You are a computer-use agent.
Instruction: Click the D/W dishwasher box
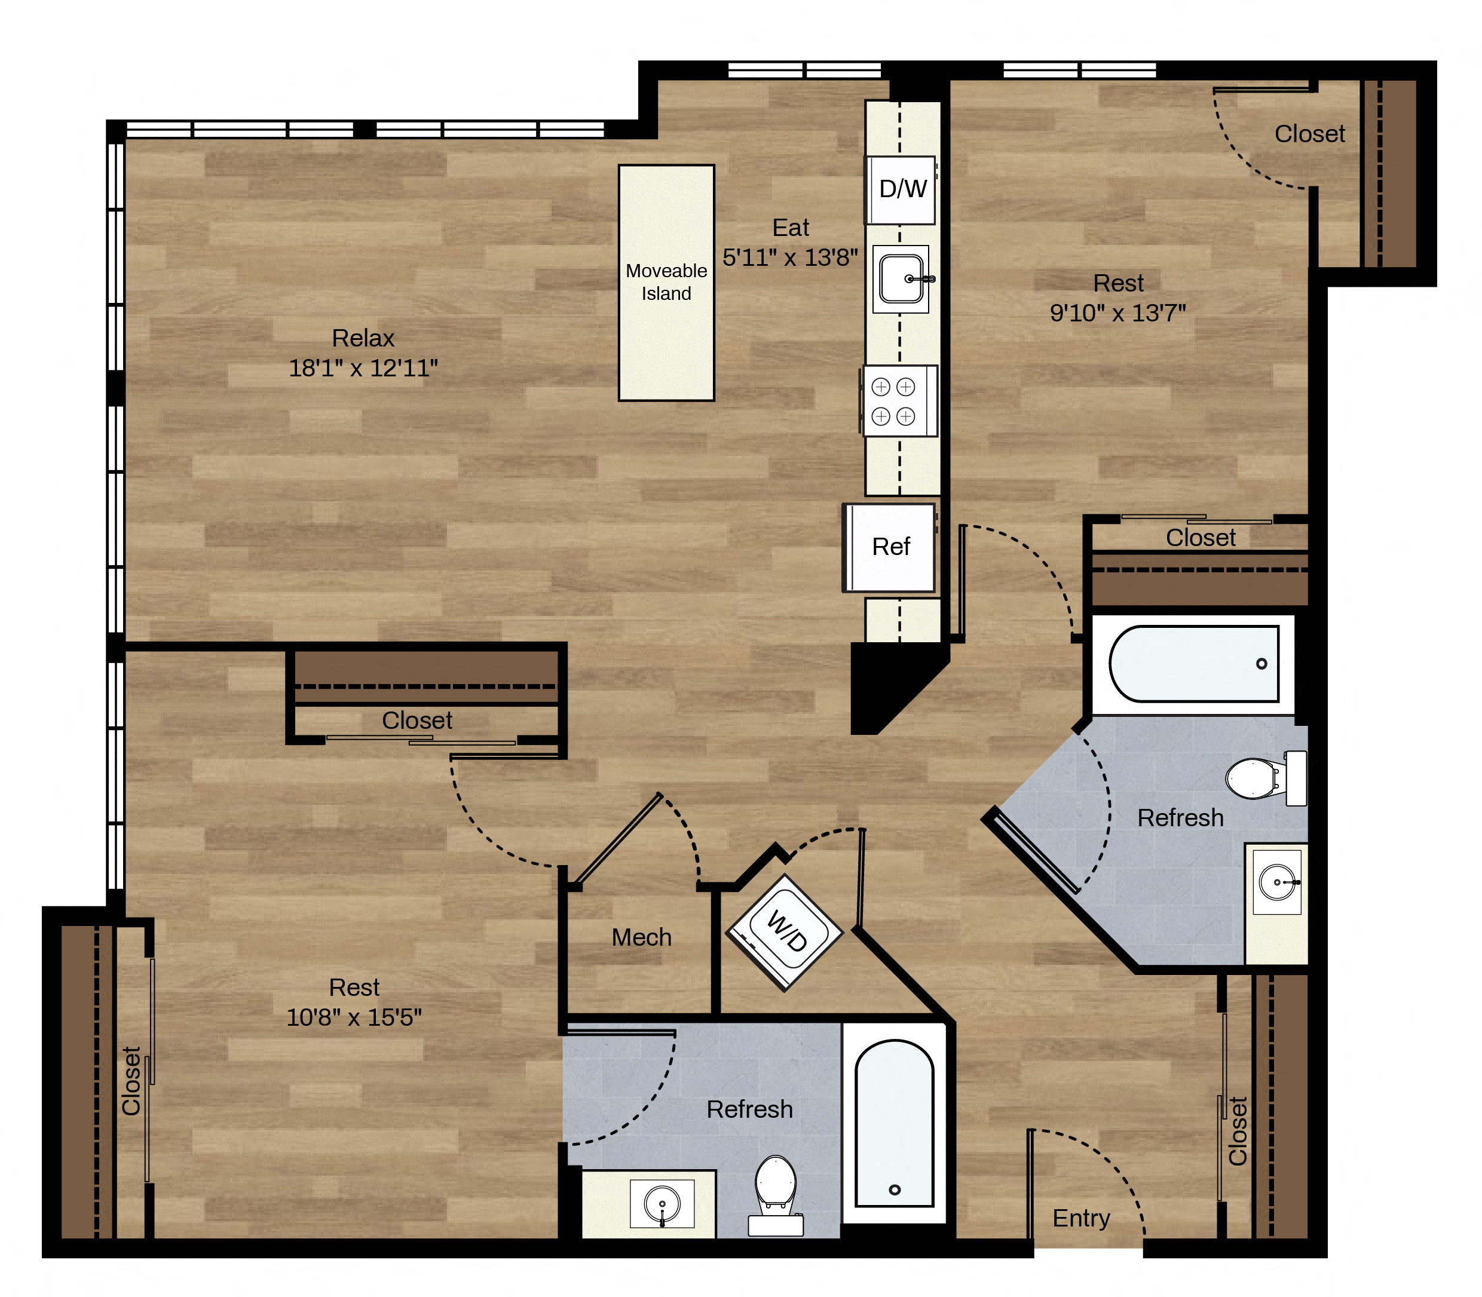pos(901,189)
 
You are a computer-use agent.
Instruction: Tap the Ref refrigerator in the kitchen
pos(889,547)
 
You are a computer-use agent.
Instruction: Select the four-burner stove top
pos(899,401)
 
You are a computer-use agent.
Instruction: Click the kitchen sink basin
pos(901,278)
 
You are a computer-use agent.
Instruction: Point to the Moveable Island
pos(666,282)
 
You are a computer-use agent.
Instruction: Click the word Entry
pos(1081,1218)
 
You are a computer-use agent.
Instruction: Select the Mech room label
pos(641,937)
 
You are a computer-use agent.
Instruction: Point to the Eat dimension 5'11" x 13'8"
pos(790,257)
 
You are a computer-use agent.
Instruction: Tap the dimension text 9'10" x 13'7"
pos(1118,312)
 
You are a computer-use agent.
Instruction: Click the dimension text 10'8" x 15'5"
pos(354,1017)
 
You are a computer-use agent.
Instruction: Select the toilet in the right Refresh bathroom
pos(1266,778)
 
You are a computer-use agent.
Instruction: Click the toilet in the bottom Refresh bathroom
pos(776,1195)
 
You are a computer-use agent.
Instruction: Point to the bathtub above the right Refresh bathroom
pos(1193,664)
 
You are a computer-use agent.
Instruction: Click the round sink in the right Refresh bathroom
pos(1276,882)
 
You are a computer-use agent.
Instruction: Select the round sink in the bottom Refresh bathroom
pos(662,1204)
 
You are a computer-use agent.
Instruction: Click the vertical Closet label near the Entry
pos(1238,1132)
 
